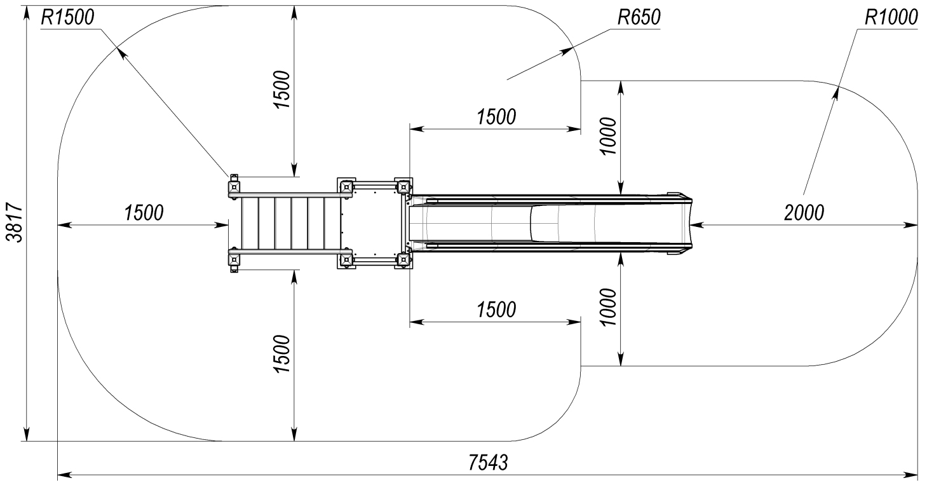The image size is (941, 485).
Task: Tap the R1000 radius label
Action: tap(891, 18)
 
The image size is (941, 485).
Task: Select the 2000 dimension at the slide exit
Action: tap(804, 214)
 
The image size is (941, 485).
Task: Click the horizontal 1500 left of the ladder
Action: tap(144, 214)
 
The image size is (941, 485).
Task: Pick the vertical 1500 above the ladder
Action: tap(282, 90)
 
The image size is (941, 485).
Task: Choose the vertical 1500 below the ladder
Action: tap(282, 354)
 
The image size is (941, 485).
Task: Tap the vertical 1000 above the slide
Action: tap(609, 136)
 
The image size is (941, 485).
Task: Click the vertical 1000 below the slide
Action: tap(609, 307)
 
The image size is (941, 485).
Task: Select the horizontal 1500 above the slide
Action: tap(496, 118)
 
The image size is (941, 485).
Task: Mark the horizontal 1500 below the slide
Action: tap(496, 310)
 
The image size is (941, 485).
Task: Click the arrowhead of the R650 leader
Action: tap(569, 50)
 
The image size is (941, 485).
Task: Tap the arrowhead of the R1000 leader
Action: tap(836, 91)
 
